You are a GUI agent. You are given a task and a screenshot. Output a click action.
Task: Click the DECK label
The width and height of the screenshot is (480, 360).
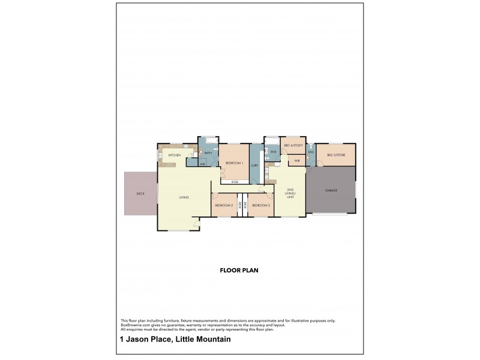pos(140,194)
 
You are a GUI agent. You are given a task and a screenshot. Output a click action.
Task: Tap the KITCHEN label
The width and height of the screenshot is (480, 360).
pos(175,156)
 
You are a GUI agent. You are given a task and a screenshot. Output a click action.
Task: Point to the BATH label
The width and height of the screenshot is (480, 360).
pos(208,153)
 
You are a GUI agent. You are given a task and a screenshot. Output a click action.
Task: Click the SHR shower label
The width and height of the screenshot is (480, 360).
pos(202,163)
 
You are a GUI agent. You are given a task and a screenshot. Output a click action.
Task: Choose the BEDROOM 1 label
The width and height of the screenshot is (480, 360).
pos(233,163)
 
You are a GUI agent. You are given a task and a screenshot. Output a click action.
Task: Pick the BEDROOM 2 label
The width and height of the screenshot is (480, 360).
pos(224,206)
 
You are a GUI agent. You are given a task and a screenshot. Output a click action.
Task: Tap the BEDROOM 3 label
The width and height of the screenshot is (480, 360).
pos(261,206)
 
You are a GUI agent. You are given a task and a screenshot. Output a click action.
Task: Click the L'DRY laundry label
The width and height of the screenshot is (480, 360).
pos(254,165)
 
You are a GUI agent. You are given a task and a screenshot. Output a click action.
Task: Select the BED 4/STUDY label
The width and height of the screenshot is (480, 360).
pos(293,146)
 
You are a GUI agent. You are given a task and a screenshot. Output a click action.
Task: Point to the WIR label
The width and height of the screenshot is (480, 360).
pos(297,161)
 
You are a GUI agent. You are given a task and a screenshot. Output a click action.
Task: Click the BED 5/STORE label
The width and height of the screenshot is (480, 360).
pos(336,155)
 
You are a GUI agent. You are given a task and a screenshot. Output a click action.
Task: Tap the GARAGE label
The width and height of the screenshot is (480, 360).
pos(331,190)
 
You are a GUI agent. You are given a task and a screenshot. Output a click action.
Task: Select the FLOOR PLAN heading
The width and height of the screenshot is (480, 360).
pos(239,271)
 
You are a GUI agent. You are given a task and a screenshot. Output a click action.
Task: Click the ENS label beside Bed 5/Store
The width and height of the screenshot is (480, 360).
pos(311,152)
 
